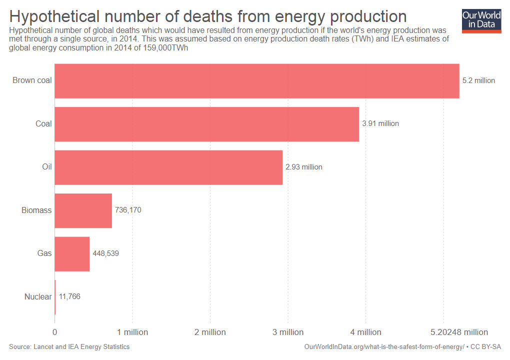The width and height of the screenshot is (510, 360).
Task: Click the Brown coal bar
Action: [256, 80]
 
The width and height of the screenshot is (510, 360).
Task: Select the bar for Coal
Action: [206, 124]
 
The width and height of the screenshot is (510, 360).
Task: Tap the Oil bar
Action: [168, 167]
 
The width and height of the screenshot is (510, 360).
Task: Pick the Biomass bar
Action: [83, 210]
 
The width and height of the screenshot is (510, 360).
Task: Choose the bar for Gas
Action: [72, 254]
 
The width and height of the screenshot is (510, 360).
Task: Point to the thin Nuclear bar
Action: [55, 297]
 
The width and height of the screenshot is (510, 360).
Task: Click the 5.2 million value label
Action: [478, 80]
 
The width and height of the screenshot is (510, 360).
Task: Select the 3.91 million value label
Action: [380, 123]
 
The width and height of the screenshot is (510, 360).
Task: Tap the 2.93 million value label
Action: [304, 167]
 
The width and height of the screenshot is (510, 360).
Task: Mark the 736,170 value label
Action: [128, 210]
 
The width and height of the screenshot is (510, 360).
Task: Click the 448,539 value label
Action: [105, 253]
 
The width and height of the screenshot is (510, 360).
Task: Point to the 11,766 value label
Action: [69, 296]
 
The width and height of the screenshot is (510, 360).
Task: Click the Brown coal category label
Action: [32, 80]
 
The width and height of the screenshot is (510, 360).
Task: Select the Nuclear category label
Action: [38, 297]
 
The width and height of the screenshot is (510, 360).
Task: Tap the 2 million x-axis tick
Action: [210, 332]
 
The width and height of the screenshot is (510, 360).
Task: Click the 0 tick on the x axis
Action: [54, 332]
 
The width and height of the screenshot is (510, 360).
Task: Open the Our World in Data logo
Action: [481, 20]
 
